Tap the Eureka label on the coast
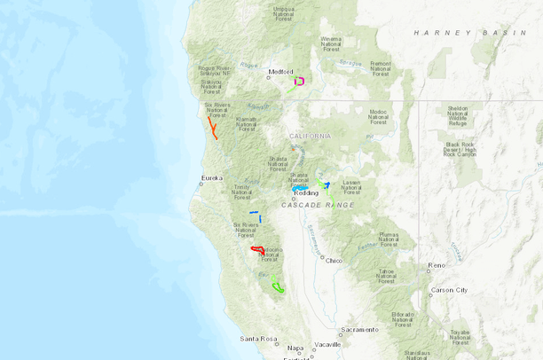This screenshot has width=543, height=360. click(212, 178)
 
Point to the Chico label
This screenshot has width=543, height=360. click(334, 261)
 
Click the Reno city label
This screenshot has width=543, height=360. click(437, 265)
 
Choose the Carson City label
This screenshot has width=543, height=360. click(448, 290)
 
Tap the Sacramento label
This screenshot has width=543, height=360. click(358, 329)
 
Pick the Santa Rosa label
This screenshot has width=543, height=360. click(258, 339)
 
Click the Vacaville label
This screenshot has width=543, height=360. click(327, 344)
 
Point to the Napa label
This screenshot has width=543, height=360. click(295, 348)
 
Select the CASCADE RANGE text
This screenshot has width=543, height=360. click(318, 205)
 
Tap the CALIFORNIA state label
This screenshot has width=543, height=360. click(310, 136)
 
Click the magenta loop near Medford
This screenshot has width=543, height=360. click(300, 81)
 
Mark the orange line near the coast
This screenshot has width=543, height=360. click(213, 129)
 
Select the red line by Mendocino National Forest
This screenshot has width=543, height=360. click(257, 249)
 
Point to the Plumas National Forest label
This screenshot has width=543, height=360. click(389, 239)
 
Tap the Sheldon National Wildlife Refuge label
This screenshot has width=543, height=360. click(458, 113)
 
